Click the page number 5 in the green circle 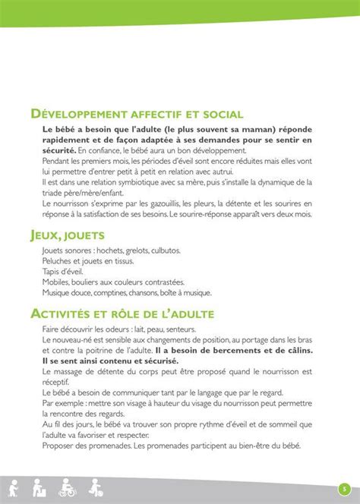pyautogui.click(x=343, y=488)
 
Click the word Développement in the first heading pyautogui.click(x=85, y=115)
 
